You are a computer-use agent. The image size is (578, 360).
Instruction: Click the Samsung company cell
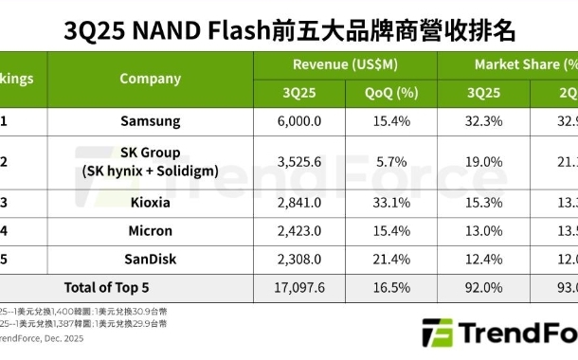click(x=151, y=121)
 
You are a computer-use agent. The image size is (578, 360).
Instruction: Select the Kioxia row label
click(x=151, y=203)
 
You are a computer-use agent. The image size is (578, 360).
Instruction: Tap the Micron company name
click(x=151, y=230)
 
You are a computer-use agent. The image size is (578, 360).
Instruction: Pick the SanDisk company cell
click(x=151, y=258)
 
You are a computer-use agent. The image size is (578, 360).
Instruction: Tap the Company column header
click(x=151, y=79)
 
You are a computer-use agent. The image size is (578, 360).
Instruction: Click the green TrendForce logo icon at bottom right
click(x=437, y=334)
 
